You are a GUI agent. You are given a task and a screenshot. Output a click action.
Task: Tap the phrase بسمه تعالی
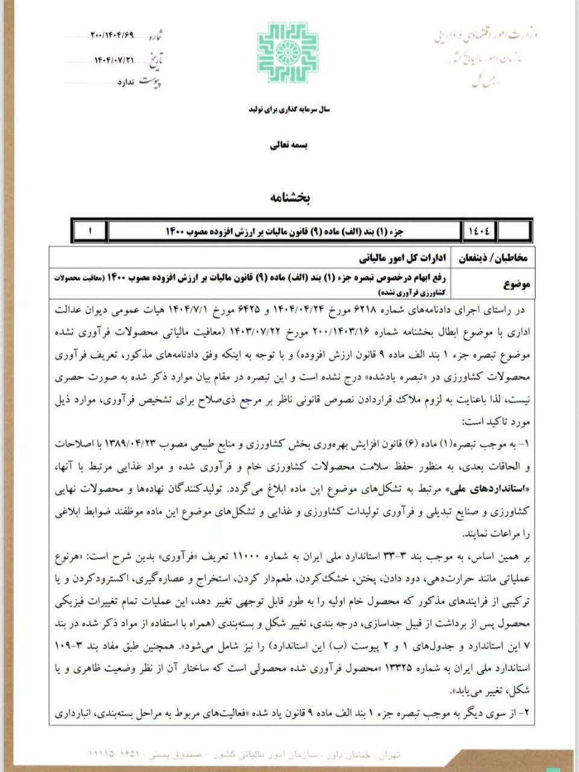pyautogui.click(x=288, y=145)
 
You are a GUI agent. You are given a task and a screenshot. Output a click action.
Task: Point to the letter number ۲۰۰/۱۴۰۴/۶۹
pyautogui.click(x=112, y=35)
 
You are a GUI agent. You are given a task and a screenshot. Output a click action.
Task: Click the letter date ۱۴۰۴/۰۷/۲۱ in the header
pyautogui.click(x=113, y=60)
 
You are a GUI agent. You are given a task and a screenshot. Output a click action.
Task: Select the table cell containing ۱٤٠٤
pyautogui.click(x=480, y=231)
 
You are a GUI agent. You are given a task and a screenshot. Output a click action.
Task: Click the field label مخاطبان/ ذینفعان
pyautogui.click(x=494, y=258)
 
